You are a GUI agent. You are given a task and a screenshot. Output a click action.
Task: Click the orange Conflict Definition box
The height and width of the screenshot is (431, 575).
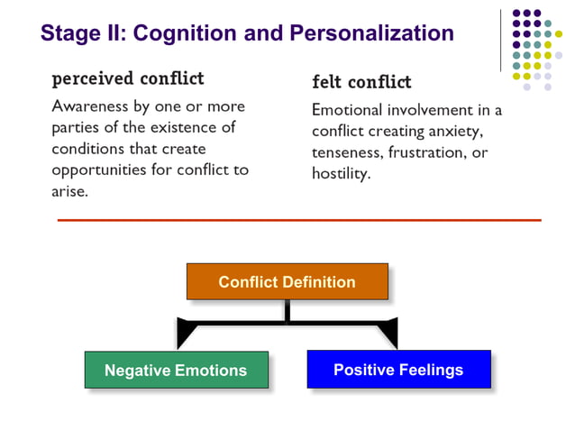287,282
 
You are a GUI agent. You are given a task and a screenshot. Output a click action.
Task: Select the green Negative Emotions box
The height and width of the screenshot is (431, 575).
176,370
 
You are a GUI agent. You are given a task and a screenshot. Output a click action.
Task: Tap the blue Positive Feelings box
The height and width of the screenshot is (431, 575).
398,369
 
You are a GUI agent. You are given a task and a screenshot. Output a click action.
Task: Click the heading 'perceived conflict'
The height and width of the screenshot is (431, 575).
128,78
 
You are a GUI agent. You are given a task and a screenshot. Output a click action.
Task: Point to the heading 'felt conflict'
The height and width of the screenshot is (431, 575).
361,82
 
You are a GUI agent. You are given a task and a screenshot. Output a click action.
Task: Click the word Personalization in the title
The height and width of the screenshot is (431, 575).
371,34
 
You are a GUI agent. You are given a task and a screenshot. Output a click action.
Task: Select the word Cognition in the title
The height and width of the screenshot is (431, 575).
185,34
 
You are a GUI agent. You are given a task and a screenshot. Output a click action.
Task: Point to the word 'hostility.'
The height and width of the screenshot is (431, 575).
341,174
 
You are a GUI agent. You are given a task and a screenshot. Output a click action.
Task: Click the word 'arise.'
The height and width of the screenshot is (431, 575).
69,191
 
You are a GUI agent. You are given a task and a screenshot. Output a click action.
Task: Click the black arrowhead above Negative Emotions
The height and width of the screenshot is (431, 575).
187,334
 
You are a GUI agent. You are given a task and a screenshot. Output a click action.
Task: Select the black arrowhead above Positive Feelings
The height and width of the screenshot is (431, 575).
388,334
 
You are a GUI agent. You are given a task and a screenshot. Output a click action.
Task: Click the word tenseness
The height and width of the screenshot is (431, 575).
347,153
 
